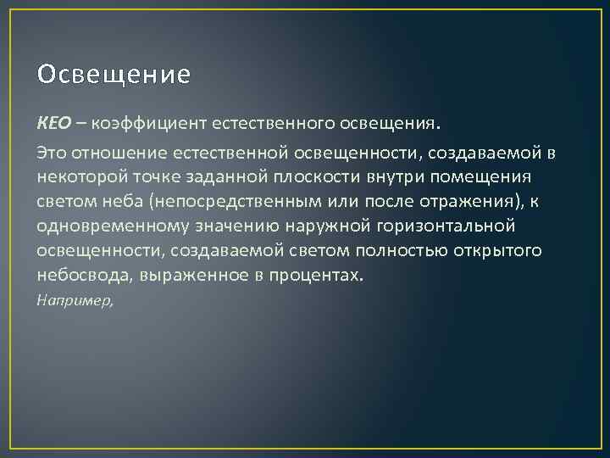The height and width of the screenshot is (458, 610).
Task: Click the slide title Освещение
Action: click(x=114, y=75)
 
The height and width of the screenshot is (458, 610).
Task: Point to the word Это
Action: click(x=51, y=152)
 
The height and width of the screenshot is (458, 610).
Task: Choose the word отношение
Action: click(x=115, y=152)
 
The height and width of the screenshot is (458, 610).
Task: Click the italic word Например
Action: click(x=73, y=300)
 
